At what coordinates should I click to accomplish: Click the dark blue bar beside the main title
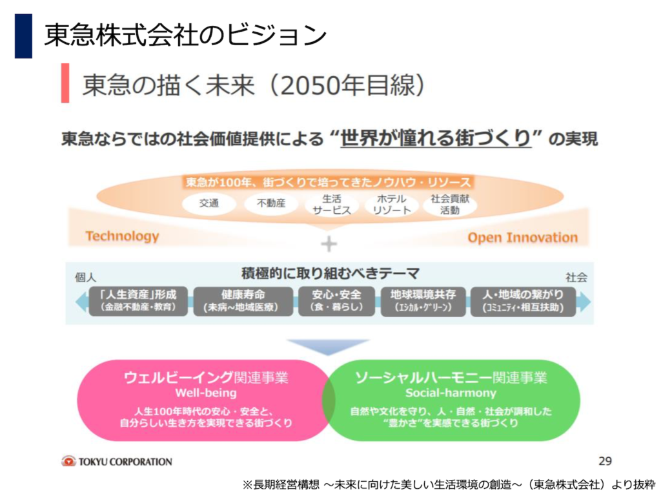pos(24,36)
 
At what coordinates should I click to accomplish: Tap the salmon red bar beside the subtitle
pos(65,83)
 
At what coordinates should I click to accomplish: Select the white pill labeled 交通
pos(208,203)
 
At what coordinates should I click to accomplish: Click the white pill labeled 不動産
pos(271,203)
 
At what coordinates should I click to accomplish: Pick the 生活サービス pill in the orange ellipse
pos(332,204)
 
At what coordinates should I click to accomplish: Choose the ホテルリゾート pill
pos(392,204)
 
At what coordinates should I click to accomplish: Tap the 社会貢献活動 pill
pos(450,204)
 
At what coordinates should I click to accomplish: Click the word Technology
pos(122,236)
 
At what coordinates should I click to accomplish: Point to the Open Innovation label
pos(522,238)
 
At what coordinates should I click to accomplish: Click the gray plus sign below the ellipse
pos(329,243)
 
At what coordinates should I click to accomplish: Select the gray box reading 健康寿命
pos(243,301)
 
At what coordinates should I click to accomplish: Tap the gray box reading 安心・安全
pos(336,301)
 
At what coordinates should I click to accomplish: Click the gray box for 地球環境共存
pos(423,301)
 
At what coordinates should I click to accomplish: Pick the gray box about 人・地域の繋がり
pos(523,301)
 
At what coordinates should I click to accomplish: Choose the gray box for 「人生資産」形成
pos(138,301)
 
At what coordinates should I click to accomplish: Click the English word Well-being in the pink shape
pos(206,393)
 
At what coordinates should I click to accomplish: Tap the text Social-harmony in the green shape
pos(451,393)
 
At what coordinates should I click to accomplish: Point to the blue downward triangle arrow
pos(328,346)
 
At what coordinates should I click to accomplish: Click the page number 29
pos(605,461)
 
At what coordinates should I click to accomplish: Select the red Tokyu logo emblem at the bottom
pos(68,461)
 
